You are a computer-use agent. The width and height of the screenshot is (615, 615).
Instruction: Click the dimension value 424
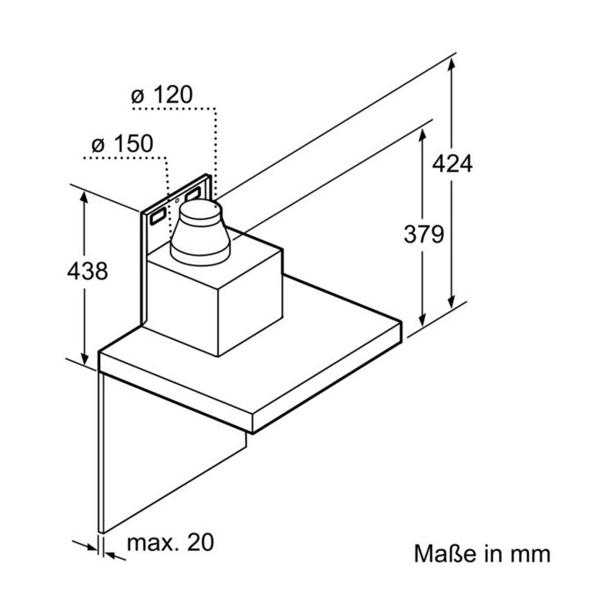tap(452, 164)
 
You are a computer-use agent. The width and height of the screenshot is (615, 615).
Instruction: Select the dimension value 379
tap(424, 235)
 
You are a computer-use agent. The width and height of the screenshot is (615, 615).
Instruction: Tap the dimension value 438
tap(87, 271)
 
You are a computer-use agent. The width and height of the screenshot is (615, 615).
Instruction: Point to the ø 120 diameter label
tap(162, 95)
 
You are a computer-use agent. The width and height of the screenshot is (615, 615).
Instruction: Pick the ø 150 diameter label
tap(122, 144)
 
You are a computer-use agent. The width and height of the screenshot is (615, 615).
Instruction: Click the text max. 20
tap(170, 542)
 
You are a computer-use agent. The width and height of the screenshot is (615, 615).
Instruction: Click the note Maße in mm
tap(482, 553)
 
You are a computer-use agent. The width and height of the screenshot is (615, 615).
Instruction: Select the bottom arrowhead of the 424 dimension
tap(452, 301)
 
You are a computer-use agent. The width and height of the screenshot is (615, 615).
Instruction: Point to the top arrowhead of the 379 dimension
tap(423, 135)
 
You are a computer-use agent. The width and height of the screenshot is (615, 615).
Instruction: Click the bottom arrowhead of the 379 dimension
tap(423, 320)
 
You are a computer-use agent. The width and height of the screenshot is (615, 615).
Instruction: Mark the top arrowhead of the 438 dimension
tap(84, 199)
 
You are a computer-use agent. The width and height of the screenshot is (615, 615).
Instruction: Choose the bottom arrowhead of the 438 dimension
tap(84, 358)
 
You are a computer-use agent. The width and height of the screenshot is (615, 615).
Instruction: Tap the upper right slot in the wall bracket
tap(193, 193)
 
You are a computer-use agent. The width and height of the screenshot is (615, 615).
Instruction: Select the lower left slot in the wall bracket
tap(157, 216)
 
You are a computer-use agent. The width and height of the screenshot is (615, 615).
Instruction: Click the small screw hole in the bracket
tap(177, 201)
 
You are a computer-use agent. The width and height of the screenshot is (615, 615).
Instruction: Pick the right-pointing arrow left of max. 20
tap(85, 546)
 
